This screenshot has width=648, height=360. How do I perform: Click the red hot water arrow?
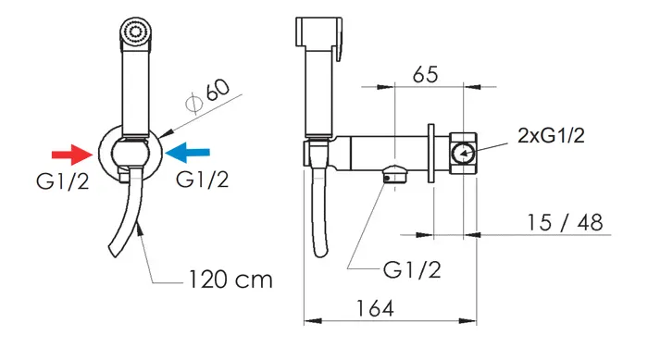tap(72, 155)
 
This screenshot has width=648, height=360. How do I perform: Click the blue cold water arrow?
tap(187, 153)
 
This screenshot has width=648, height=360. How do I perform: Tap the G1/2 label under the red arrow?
tap(62, 181)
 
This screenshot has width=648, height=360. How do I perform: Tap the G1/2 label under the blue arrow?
tap(202, 180)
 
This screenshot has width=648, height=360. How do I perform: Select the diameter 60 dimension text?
tap(208, 96)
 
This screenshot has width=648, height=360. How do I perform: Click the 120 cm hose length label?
tap(231, 279)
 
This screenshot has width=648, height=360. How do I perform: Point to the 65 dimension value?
tap(425, 74)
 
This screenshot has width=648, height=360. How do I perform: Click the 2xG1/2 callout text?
tap(552, 135)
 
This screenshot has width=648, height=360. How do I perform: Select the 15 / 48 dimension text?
tap(565, 222)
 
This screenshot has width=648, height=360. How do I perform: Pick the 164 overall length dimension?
tap(375, 308)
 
